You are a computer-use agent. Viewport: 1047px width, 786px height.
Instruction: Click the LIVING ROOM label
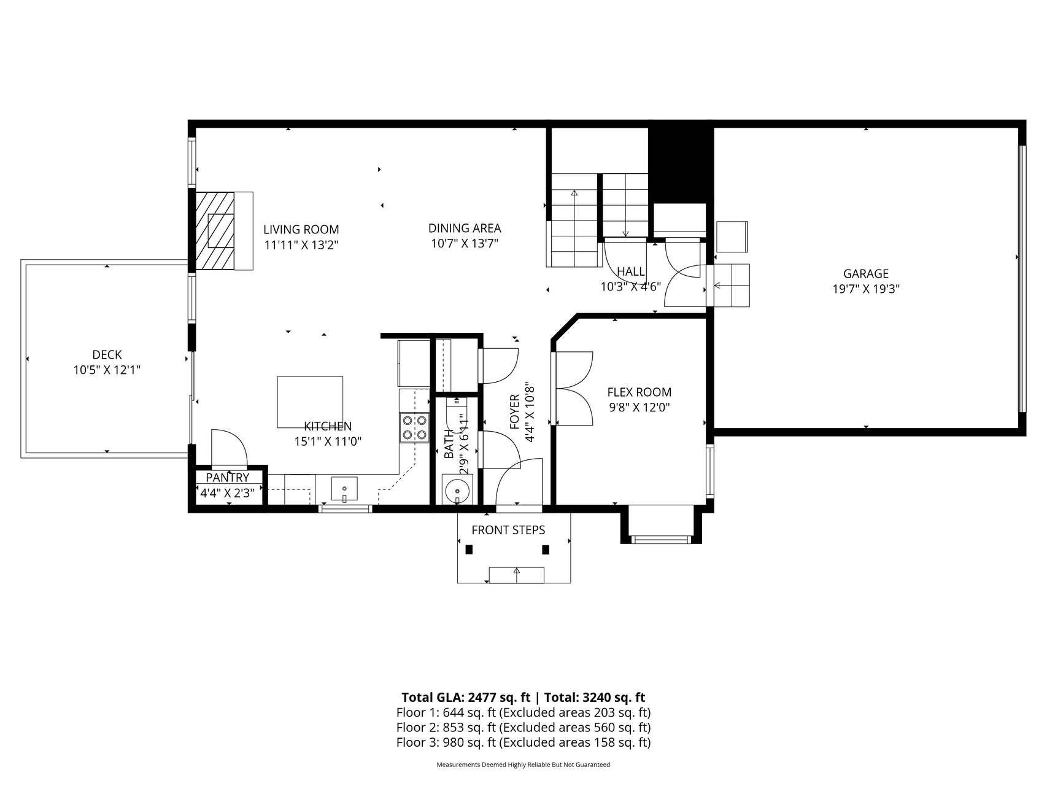(x=301, y=230)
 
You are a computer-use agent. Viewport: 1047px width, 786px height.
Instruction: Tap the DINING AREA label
(x=465, y=228)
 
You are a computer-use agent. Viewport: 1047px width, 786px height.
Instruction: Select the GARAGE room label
(x=865, y=274)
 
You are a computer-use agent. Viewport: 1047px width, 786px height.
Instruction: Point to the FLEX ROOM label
(x=639, y=392)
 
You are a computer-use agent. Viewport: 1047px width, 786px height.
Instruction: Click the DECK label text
(x=107, y=355)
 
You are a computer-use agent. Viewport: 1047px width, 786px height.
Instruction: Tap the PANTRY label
(x=227, y=478)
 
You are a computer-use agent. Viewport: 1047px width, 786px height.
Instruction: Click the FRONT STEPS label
(x=508, y=530)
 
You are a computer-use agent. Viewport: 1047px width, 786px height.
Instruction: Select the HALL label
(x=631, y=271)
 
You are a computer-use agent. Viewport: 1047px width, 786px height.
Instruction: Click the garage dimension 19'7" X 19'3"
(x=865, y=289)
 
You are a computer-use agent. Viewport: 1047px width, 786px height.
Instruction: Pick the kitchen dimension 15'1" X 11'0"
(x=328, y=442)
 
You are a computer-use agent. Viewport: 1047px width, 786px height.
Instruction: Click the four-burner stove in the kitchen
(x=414, y=427)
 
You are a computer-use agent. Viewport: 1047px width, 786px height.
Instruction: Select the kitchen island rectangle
(x=310, y=402)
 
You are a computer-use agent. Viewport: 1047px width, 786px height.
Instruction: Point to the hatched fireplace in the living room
(x=215, y=231)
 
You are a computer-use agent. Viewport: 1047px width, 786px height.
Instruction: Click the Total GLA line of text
(x=523, y=698)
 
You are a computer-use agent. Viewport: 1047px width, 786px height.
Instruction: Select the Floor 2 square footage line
(x=523, y=728)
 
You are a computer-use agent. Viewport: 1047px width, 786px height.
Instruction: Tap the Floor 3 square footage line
(x=523, y=742)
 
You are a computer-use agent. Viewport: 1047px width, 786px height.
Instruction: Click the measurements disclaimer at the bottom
(x=523, y=765)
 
